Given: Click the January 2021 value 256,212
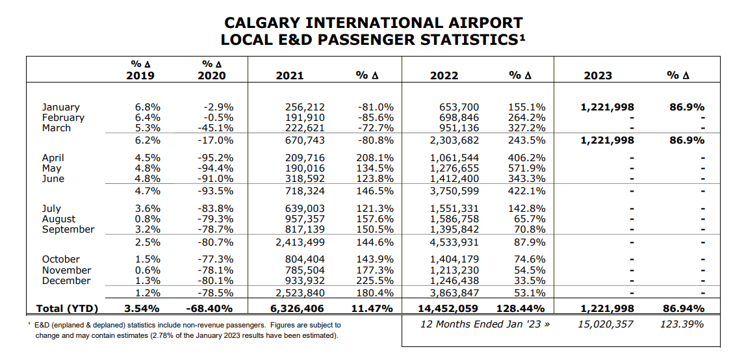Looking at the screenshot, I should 305,107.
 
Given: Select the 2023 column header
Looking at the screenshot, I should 597,75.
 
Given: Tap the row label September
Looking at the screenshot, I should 68,229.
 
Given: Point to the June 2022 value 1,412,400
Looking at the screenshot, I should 454,179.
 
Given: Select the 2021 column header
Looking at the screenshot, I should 289,75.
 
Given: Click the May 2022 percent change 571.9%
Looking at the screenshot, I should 526,168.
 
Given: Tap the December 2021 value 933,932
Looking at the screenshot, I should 305,281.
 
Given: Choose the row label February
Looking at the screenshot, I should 63,118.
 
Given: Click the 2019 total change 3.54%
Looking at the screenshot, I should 142,309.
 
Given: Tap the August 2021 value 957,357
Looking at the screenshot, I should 305,219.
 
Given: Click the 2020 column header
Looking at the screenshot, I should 211,75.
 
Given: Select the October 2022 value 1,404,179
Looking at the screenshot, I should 454,259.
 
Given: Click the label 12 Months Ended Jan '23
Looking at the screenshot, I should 485,324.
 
